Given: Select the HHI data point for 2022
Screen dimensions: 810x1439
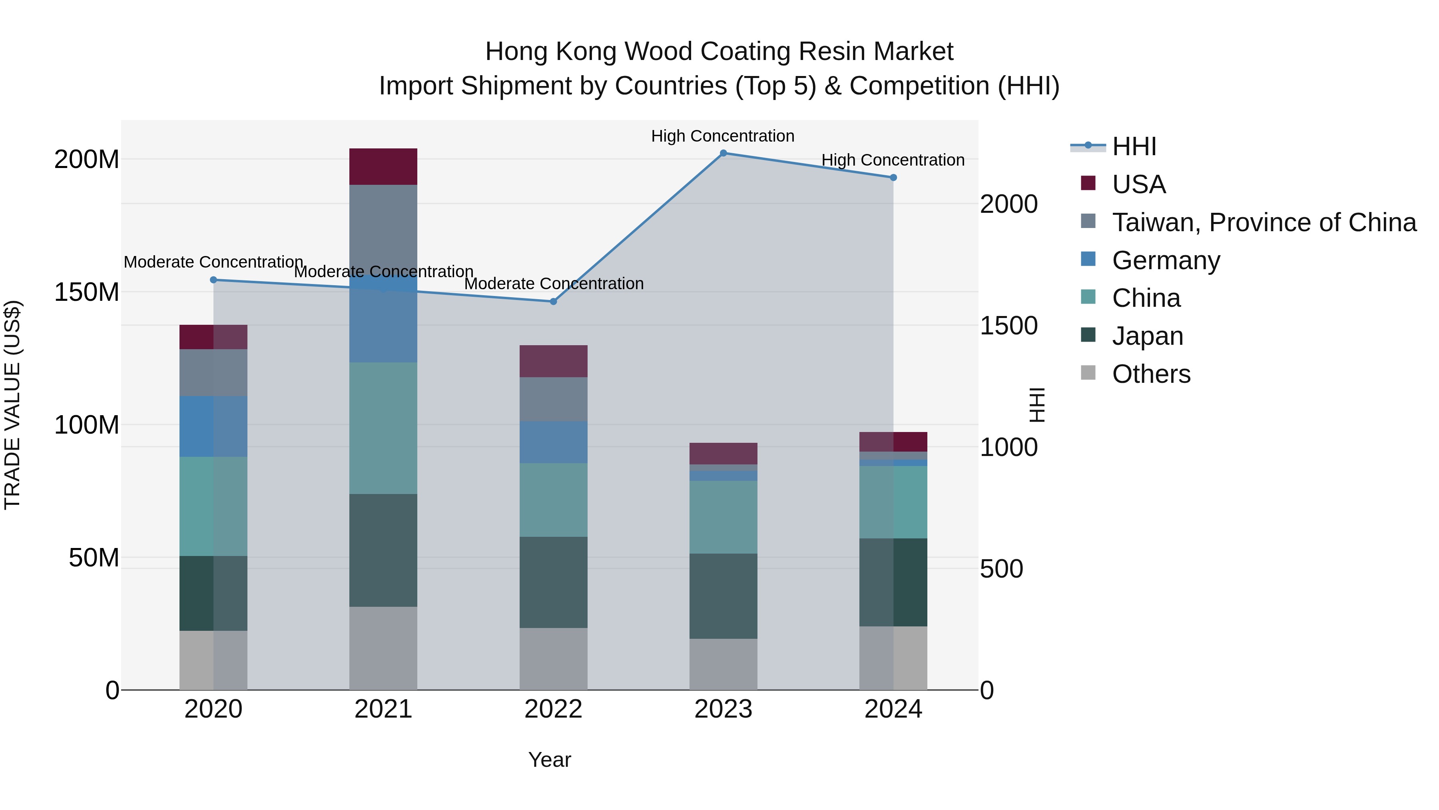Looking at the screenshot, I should click(553, 301).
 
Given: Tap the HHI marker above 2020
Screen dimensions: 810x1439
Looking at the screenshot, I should click(213, 280).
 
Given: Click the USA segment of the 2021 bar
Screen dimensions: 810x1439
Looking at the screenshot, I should click(383, 166).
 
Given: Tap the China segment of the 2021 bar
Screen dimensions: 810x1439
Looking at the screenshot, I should click(383, 428).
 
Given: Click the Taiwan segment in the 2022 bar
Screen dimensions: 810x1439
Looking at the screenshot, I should click(553, 399).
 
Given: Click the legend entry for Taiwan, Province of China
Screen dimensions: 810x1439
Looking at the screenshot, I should click(1264, 222).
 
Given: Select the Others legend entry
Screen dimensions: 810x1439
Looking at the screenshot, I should click(1151, 374).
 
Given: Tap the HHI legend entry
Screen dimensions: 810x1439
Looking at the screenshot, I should click(1134, 146).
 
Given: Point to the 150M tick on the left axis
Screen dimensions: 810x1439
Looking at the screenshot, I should click(87, 292).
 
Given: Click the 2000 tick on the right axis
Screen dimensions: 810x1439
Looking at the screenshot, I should click(1009, 204).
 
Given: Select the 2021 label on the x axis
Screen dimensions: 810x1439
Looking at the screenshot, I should click(383, 709).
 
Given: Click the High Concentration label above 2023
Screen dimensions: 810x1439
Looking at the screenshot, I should click(722, 136).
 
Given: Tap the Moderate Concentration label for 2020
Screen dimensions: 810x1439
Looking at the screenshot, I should click(213, 262).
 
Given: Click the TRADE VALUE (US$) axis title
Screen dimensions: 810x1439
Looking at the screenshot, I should click(12, 405).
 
